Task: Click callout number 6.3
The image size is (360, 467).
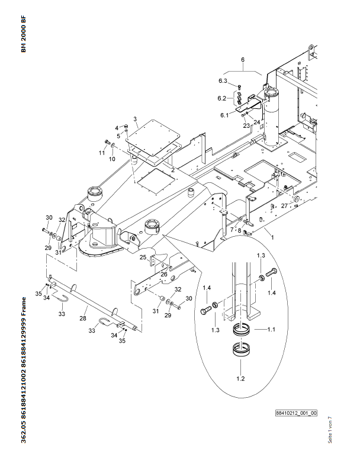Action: (x=223, y=81)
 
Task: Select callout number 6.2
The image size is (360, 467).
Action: (x=221, y=98)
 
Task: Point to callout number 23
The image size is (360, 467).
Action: (x=246, y=125)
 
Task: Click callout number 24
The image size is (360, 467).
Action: (x=257, y=123)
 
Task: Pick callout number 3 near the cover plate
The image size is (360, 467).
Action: (x=135, y=119)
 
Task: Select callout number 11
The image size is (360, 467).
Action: (x=102, y=153)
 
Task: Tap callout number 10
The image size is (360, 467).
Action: (x=111, y=159)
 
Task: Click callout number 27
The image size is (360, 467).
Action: (x=284, y=205)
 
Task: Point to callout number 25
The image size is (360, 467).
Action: (x=143, y=257)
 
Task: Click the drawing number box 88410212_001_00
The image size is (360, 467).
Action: (x=296, y=413)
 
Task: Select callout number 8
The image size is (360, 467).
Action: (x=239, y=230)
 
